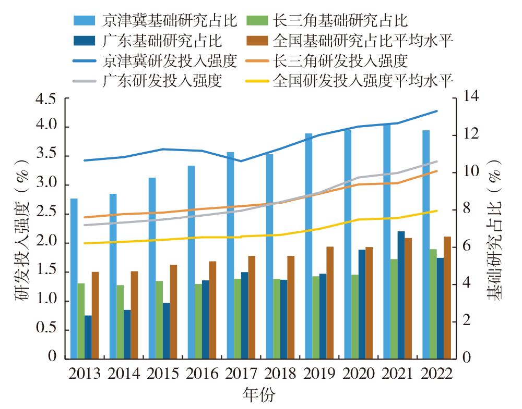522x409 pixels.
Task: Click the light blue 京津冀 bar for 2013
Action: click(74, 279)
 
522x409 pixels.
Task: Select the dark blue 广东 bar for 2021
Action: click(401, 295)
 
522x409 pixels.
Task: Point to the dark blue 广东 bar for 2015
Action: click(166, 331)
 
